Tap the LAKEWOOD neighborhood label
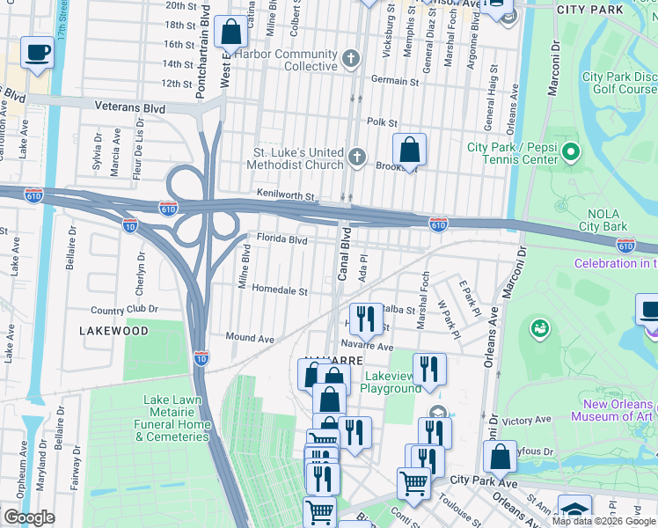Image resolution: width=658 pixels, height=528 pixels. (113, 331)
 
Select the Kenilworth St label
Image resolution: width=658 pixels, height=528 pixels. (285, 193)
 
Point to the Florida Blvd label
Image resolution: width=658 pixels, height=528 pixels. (281, 238)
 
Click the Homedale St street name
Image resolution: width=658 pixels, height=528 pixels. (280, 290)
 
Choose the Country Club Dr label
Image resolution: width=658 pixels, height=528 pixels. (124, 310)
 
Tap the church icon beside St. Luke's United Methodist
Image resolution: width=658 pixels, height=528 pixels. (356, 157)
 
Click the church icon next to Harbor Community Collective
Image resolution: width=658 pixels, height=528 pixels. (351, 60)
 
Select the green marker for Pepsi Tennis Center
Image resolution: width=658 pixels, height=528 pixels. (571, 153)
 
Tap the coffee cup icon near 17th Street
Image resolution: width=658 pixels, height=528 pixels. (36, 53)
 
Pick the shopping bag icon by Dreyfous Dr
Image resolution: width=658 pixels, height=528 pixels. (500, 458)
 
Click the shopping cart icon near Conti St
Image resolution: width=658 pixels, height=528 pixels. (413, 483)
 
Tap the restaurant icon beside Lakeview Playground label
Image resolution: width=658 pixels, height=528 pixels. (429, 369)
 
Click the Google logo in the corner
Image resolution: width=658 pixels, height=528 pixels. (29, 517)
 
